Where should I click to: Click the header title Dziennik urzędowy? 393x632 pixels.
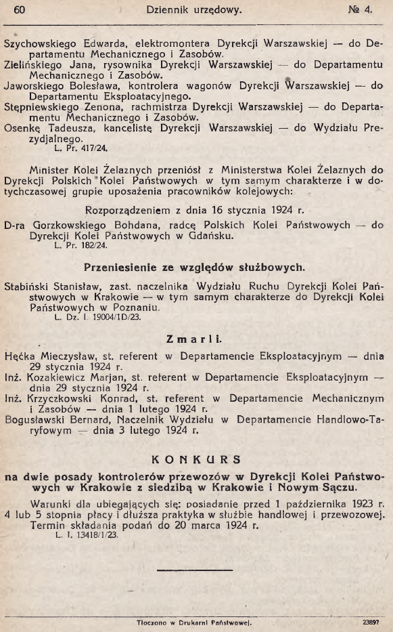(193, 9)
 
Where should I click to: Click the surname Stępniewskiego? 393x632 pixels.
(41, 108)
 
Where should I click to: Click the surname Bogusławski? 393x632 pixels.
(36, 420)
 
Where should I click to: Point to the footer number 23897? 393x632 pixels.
(369, 620)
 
